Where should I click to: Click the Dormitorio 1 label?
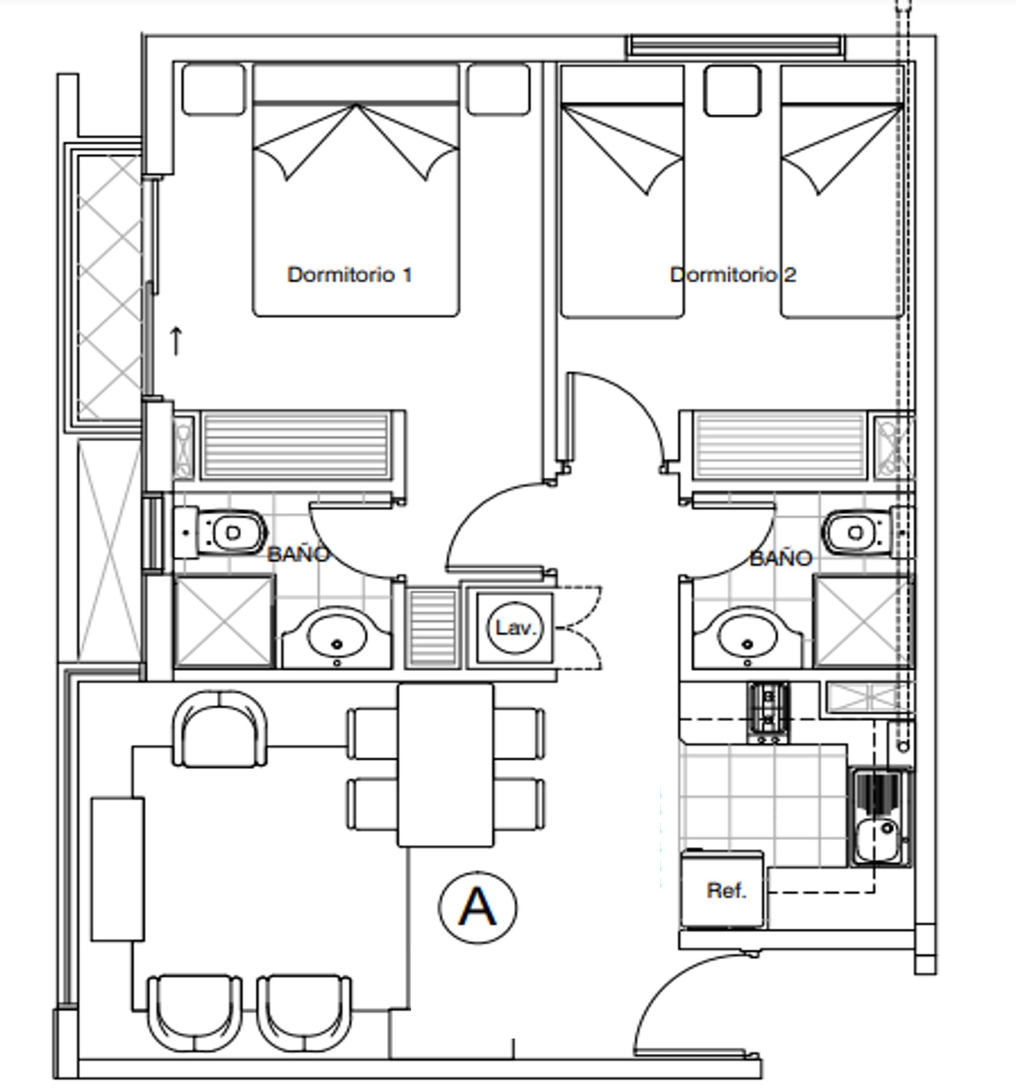tap(349, 274)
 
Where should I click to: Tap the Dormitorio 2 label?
tap(733, 274)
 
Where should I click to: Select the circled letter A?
tap(477, 908)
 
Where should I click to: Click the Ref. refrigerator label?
tap(727, 891)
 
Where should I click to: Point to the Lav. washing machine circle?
tap(514, 628)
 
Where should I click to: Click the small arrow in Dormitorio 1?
tap(176, 340)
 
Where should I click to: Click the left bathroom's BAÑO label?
tap(298, 554)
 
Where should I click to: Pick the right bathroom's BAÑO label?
tap(781, 559)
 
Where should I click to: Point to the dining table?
tap(445, 765)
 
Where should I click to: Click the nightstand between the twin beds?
tap(732, 91)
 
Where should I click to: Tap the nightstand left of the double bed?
tap(213, 90)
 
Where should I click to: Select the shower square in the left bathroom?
tap(224, 622)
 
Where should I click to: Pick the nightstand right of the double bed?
tap(499, 90)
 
